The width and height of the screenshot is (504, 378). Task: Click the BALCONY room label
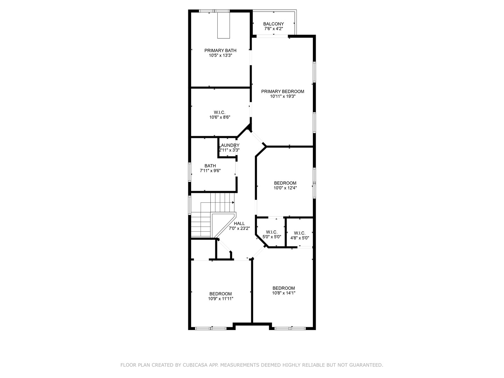(273, 24)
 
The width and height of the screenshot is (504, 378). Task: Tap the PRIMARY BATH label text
(220, 51)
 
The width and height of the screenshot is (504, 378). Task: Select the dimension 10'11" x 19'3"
(283, 97)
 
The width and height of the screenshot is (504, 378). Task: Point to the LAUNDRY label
(229, 145)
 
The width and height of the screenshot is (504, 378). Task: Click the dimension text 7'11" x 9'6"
(210, 171)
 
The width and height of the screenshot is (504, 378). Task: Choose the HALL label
(239, 224)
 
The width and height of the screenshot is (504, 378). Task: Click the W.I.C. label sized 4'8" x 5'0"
(300, 233)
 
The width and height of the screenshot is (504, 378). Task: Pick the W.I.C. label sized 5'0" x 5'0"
(272, 232)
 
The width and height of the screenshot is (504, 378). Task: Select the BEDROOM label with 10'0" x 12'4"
(285, 183)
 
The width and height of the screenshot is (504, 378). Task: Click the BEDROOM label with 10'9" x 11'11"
(220, 294)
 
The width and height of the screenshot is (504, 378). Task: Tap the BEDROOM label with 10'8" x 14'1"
(283, 288)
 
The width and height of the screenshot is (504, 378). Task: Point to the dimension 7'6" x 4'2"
(273, 29)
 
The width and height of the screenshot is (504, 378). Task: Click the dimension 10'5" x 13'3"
(220, 56)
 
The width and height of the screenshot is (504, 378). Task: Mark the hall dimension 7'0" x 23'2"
(239, 229)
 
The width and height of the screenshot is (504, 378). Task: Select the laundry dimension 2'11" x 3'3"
(229, 150)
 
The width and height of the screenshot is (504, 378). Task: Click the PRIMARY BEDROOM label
(283, 92)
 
